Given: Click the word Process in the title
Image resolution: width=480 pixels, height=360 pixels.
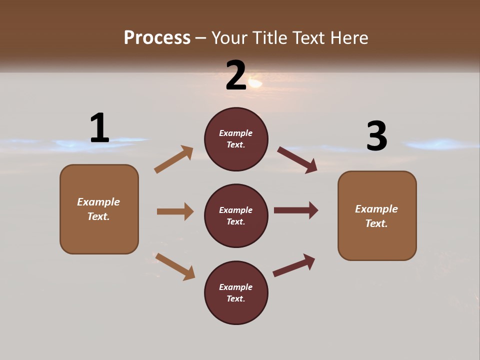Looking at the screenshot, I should coord(157,38).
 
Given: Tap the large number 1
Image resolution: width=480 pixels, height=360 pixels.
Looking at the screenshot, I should coord(99,128).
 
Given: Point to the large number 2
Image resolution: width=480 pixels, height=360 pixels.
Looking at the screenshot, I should coord(236,75).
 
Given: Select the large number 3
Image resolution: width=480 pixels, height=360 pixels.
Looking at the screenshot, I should coord(376,136).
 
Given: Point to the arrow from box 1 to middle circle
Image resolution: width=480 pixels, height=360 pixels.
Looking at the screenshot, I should coord(175,211).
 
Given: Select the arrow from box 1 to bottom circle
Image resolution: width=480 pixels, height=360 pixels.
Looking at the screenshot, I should coord(175,266).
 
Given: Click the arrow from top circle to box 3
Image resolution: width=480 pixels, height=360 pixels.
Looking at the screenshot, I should coord(297,160).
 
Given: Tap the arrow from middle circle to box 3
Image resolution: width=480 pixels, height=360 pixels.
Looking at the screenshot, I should coord(296,210).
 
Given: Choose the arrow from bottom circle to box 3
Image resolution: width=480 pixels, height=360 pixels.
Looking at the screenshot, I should coord(294,265).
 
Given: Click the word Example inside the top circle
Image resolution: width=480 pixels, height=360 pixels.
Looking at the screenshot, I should coord(236,133).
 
